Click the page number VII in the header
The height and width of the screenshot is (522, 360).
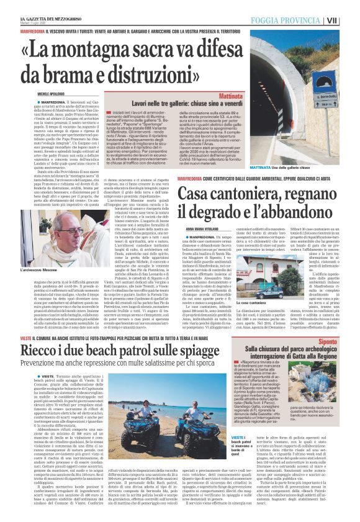click(x=349, y=19)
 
